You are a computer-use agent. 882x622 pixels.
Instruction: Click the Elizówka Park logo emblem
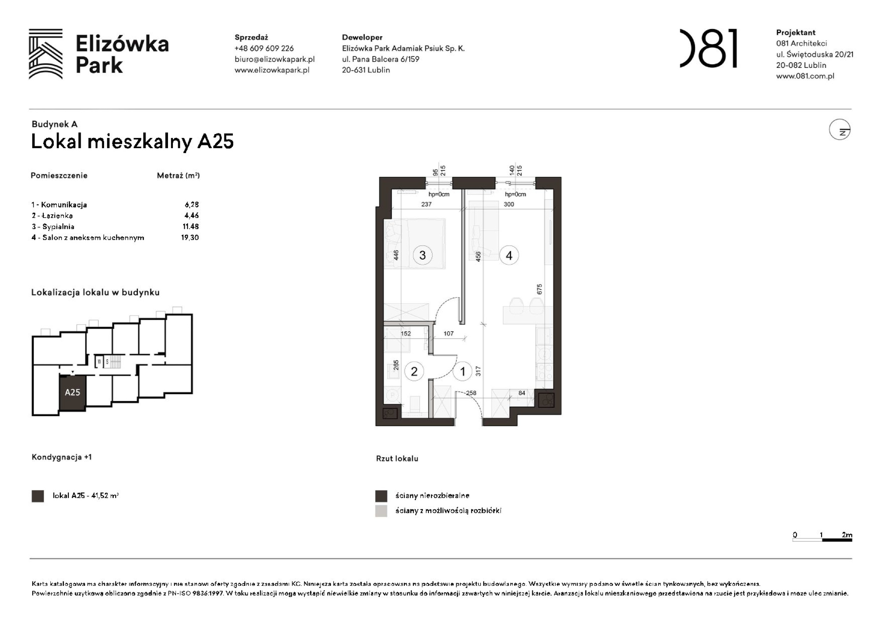[45, 54]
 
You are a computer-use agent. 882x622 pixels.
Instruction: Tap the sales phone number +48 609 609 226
[264, 48]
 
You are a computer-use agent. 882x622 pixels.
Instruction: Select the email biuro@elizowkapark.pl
[274, 59]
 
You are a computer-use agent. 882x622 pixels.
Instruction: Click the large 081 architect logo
[708, 48]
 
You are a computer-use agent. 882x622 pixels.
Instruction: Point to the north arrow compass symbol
[839, 130]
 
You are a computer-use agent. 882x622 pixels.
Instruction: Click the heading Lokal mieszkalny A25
[132, 142]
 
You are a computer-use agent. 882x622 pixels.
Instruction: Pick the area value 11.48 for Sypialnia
[191, 226]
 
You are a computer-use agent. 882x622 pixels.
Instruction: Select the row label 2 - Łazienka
[52, 216]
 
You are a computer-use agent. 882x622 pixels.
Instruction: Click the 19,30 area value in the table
[190, 237]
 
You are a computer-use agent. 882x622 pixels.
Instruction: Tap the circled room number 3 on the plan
[422, 255]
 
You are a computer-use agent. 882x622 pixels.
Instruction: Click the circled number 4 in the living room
[509, 255]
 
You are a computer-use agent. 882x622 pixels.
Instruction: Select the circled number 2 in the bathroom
[414, 371]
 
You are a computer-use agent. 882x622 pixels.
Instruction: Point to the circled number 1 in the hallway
[462, 371]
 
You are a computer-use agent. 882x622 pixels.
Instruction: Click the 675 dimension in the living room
[539, 289]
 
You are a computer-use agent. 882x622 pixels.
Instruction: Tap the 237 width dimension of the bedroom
[426, 204]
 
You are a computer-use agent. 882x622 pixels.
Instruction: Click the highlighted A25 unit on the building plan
[72, 392]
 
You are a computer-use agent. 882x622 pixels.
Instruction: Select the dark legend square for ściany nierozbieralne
[381, 496]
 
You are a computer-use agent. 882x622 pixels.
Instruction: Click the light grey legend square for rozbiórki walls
[381, 511]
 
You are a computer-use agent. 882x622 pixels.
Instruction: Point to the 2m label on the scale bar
[846, 535]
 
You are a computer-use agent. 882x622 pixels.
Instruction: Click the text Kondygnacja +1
[62, 457]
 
